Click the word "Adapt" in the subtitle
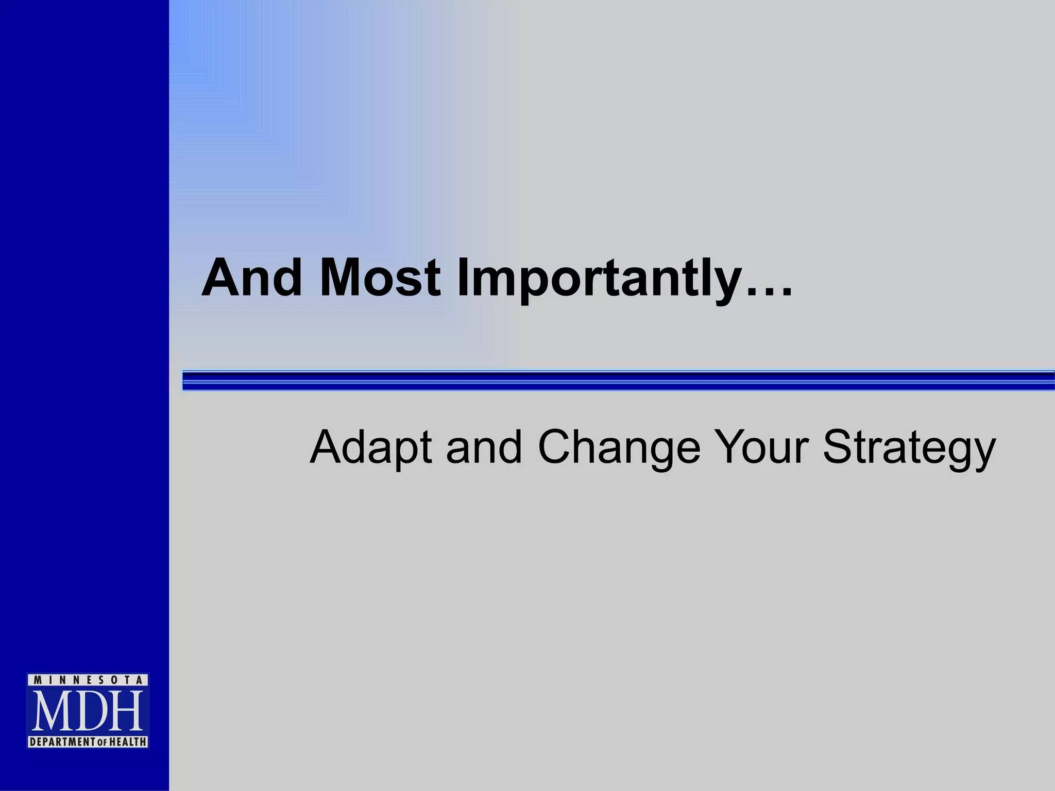pos(370,447)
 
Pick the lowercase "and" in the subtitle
pos(484,447)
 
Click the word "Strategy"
pos(909,447)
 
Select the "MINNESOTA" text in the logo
pos(88,680)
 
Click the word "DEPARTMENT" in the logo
pos(63,742)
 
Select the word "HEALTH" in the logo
pos(127,742)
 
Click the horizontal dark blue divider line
pos(618,380)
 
